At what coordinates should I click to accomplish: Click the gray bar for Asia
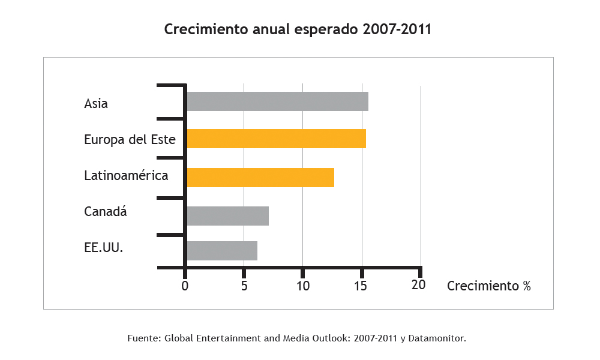pos(277,102)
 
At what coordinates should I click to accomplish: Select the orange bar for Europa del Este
pos(276,139)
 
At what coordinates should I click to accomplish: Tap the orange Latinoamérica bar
pos(260,178)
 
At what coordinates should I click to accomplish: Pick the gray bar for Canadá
pos(227,215)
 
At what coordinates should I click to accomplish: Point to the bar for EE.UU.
pos(222,251)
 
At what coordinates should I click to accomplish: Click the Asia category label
pos(96,103)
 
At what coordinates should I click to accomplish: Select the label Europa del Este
pos(130,140)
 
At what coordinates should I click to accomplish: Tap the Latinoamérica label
pos(126,176)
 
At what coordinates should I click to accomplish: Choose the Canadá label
pos(106,212)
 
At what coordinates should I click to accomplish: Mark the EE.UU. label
pos(104,247)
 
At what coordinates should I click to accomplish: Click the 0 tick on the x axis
pos(185,286)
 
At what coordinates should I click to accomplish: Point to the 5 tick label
pos(244,286)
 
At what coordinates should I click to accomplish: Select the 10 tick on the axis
pos(303,286)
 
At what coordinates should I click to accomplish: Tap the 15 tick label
pos(362,286)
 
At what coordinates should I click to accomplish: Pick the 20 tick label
pos(419,285)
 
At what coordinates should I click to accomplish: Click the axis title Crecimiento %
pos(489,286)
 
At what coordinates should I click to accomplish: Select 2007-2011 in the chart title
pos(397,29)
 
